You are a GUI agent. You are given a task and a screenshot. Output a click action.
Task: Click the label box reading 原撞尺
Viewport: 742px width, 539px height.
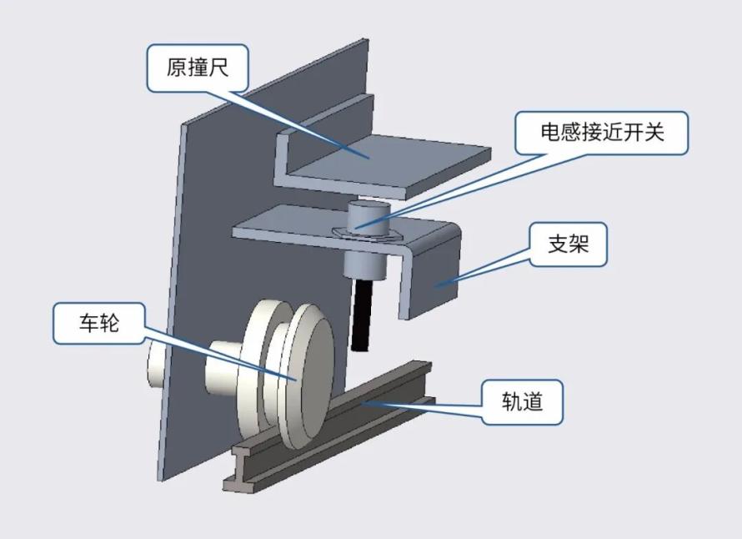pyautogui.click(x=198, y=68)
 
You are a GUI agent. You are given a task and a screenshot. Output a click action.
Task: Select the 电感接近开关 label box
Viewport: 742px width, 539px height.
pyautogui.click(x=601, y=133)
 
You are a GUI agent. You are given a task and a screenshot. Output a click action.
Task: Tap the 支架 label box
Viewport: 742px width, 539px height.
pyautogui.click(x=568, y=244)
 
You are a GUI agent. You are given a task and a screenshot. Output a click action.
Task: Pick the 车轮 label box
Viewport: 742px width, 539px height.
pyautogui.click(x=99, y=324)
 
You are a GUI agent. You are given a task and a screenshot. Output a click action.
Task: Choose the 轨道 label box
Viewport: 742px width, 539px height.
pyautogui.click(x=522, y=401)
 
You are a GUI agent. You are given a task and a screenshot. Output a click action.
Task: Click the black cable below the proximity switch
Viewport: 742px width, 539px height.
pyautogui.click(x=362, y=314)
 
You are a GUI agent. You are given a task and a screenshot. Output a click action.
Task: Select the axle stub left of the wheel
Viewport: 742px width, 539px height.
pyautogui.click(x=223, y=368)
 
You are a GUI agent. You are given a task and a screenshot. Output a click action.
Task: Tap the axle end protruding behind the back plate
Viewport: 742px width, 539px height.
pyautogui.click(x=156, y=365)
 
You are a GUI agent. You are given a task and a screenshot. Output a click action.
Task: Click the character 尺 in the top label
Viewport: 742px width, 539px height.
pyautogui.click(x=219, y=68)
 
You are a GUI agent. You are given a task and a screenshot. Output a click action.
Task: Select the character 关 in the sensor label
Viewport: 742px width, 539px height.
pyautogui.click(x=654, y=132)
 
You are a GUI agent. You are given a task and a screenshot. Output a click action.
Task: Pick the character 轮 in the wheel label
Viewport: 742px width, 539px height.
pyautogui.click(x=110, y=324)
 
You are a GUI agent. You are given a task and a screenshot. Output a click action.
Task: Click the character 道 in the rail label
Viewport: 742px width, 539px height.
pyautogui.click(x=533, y=401)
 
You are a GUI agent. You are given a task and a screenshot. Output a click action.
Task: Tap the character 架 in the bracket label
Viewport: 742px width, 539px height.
pyautogui.click(x=579, y=244)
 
